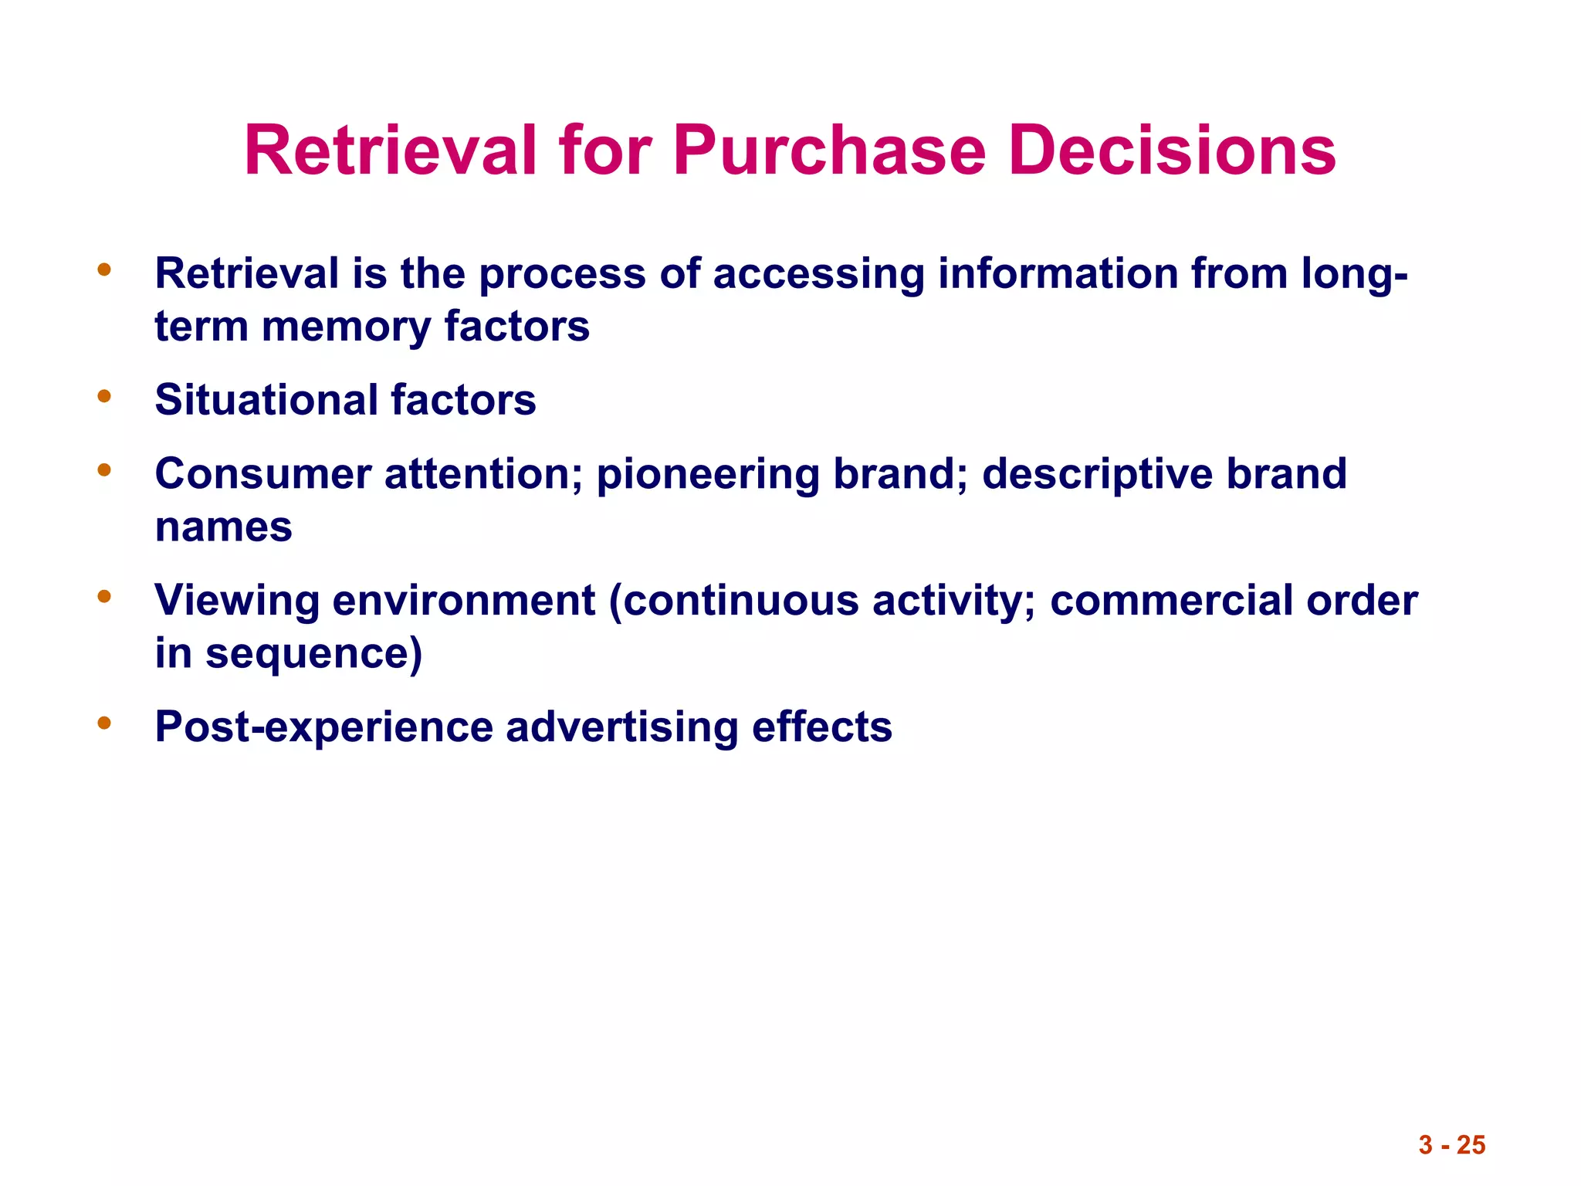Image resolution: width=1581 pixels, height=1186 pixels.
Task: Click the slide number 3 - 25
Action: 1451,1144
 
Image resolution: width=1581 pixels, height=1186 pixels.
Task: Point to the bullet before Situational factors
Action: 104,397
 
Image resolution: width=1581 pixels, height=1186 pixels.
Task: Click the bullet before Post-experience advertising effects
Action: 104,723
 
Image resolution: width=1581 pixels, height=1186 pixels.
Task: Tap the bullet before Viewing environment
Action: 104,597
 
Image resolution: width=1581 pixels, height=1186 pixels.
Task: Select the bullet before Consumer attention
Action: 104,470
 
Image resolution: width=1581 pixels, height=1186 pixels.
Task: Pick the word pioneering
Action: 707,474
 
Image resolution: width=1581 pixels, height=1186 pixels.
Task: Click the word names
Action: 223,527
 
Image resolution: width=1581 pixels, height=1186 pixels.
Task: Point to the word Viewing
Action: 236,601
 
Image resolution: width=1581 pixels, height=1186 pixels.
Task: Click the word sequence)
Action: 313,654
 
